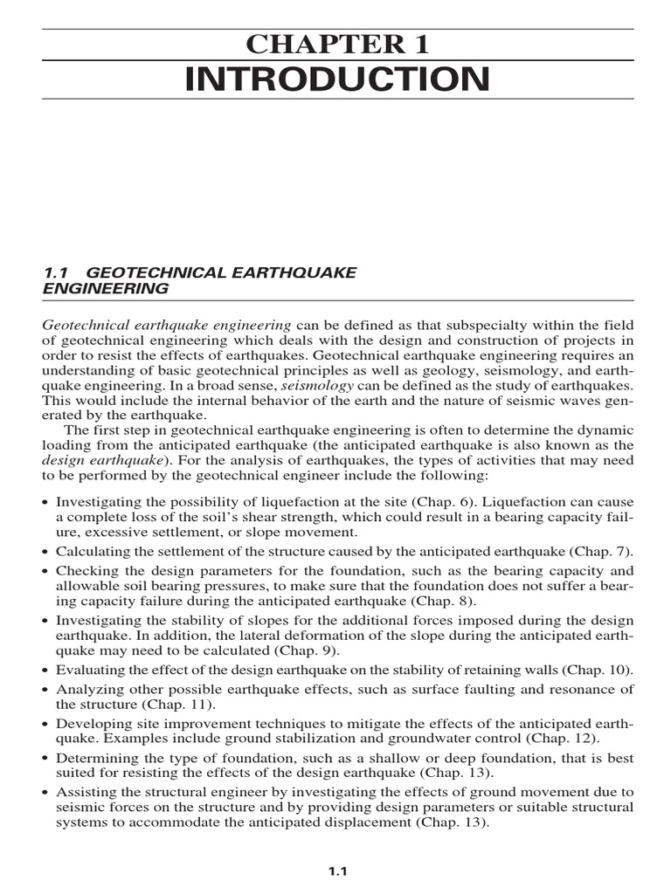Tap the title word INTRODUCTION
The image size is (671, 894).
(x=337, y=79)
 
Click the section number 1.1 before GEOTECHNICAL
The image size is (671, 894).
(x=55, y=272)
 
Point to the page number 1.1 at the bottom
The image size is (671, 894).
(x=338, y=870)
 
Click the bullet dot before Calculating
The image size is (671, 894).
(x=46, y=553)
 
